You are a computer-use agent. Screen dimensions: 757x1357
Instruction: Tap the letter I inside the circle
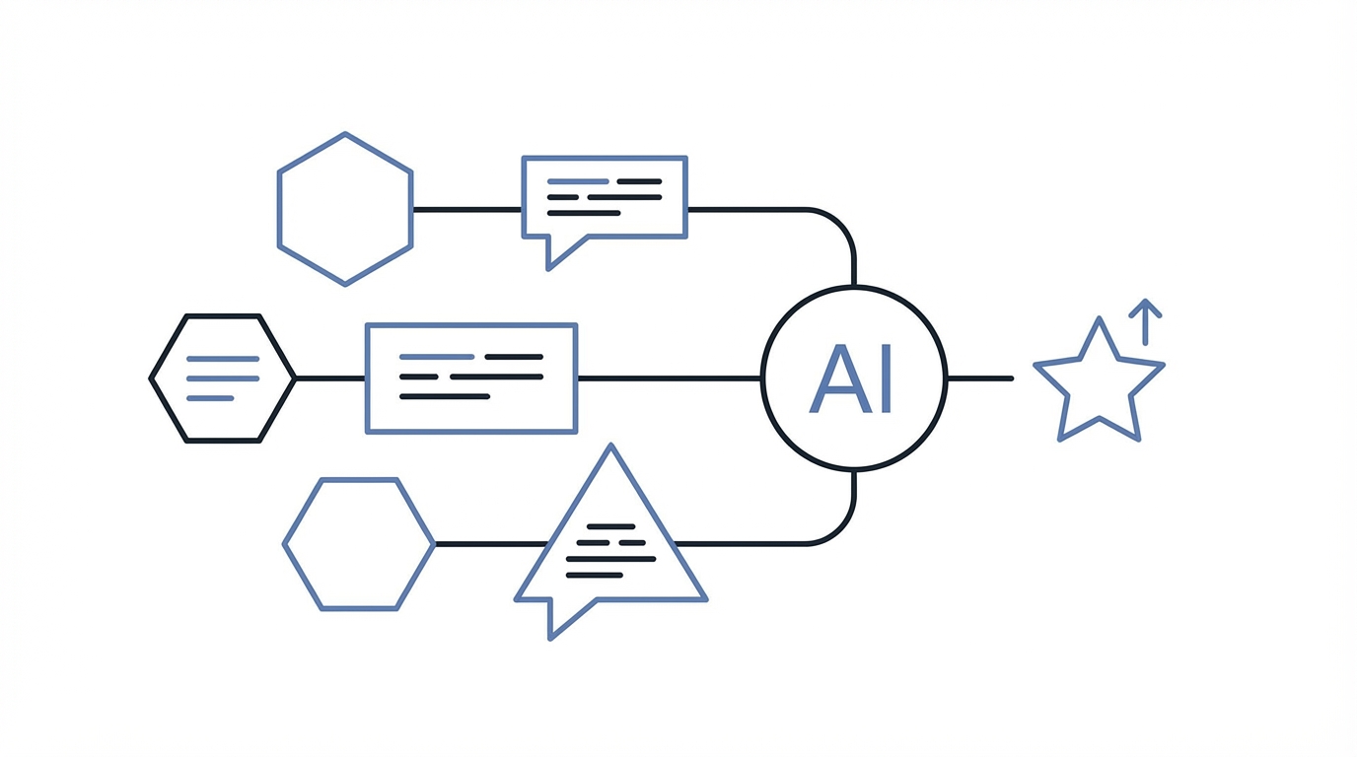point(884,379)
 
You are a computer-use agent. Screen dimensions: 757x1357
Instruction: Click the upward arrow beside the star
point(1145,321)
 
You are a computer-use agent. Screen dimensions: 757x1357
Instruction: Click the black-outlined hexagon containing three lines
point(222,378)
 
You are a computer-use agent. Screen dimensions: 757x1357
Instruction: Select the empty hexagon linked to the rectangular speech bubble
point(344,209)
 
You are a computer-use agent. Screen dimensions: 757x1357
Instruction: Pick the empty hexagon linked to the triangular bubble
point(358,544)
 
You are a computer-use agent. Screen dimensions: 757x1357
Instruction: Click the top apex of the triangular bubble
point(611,451)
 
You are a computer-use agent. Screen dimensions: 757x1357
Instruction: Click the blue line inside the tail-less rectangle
point(437,357)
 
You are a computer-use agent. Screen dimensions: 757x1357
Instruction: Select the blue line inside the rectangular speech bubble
point(577,182)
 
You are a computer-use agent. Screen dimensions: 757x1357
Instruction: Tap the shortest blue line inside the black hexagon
point(209,398)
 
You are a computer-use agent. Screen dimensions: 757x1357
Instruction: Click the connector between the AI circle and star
point(979,378)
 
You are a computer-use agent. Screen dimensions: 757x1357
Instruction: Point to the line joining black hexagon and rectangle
point(329,378)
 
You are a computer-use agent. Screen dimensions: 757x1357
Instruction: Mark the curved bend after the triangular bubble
point(839,529)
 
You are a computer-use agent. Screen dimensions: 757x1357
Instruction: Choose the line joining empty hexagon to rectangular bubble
point(466,209)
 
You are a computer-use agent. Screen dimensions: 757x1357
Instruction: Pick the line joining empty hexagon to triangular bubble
point(488,544)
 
